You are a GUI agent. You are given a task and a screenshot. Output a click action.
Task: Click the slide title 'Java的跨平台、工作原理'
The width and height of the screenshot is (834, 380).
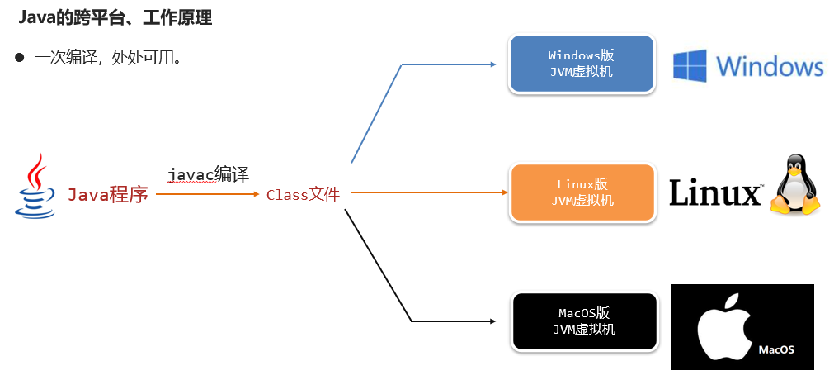pyautogui.click(x=115, y=17)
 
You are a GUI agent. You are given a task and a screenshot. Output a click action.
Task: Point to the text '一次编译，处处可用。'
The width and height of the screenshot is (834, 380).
pyautogui.click(x=108, y=59)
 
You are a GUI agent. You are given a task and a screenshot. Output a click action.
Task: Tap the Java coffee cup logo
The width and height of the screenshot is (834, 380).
pyautogui.click(x=35, y=186)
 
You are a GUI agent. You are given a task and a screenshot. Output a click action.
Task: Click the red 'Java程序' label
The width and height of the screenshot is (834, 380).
pyautogui.click(x=107, y=195)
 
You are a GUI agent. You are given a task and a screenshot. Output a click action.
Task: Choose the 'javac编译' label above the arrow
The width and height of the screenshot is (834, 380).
pyautogui.click(x=208, y=174)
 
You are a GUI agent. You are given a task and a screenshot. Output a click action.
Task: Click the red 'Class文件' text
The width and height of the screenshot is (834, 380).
pyautogui.click(x=303, y=195)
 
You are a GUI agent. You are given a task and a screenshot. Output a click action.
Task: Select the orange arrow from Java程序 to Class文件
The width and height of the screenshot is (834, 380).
pyautogui.click(x=206, y=194)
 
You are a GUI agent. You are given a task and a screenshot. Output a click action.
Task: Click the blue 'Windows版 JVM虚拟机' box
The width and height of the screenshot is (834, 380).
pyautogui.click(x=582, y=64)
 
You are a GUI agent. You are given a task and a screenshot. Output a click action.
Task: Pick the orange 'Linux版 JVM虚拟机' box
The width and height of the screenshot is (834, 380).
pyautogui.click(x=582, y=192)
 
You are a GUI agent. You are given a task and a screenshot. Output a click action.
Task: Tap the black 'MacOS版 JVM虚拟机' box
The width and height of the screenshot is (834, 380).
pyautogui.click(x=583, y=321)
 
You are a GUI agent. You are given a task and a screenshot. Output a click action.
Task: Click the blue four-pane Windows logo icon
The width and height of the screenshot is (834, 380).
pyautogui.click(x=690, y=66)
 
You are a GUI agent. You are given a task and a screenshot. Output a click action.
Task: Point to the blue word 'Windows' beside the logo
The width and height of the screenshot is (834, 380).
pyautogui.click(x=770, y=66)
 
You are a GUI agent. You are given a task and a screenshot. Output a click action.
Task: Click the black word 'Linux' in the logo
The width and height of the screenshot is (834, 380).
pyautogui.click(x=714, y=192)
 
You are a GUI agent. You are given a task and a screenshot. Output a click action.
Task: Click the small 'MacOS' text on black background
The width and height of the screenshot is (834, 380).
pyautogui.click(x=775, y=349)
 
